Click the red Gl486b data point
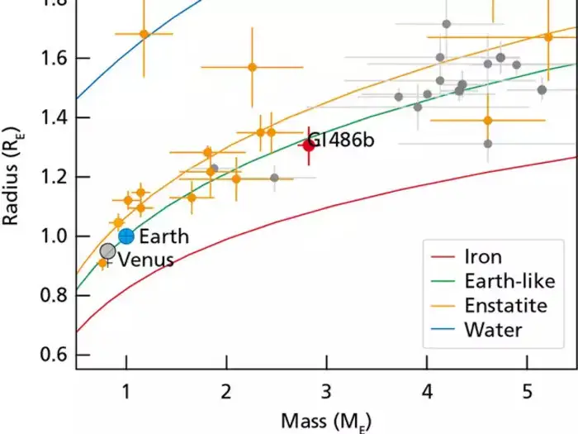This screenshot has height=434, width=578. pyautogui.click(x=309, y=145)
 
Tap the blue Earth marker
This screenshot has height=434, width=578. pyautogui.click(x=126, y=236)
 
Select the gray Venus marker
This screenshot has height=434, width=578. pyautogui.click(x=107, y=251)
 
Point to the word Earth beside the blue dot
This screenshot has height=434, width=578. pyautogui.click(x=163, y=237)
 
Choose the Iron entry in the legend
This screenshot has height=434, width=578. pyautogui.click(x=484, y=257)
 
